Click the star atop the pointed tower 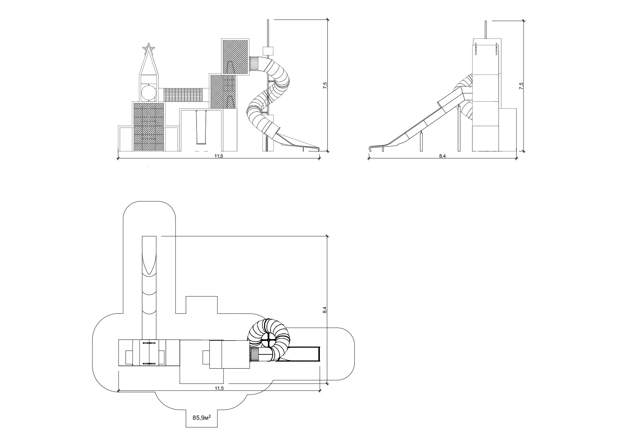(149, 48)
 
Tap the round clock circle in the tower (149, 92)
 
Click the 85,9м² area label (202, 418)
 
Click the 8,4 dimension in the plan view (324, 310)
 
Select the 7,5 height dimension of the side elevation (521, 86)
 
